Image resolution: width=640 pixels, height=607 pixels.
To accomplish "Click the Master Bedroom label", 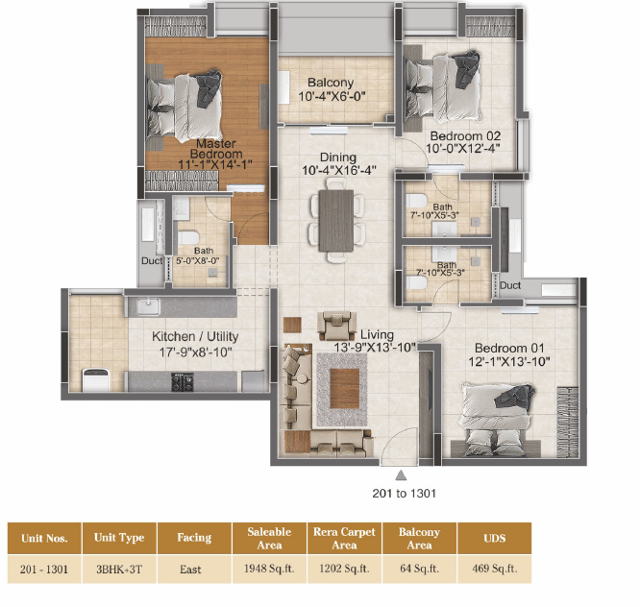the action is click(x=215, y=149).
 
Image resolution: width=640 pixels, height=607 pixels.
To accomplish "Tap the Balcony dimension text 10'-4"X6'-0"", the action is click(x=332, y=96).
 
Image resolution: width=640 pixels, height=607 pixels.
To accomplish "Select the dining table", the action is click(x=336, y=220).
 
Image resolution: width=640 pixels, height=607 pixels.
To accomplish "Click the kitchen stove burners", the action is click(x=183, y=382).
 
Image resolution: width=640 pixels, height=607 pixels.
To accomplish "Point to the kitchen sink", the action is click(x=147, y=307).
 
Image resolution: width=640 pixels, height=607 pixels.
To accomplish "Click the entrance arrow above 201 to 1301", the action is click(x=401, y=475).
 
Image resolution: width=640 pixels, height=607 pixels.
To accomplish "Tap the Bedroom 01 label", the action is click(x=509, y=348).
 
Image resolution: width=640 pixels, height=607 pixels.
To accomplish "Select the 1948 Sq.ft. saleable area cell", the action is click(x=269, y=569).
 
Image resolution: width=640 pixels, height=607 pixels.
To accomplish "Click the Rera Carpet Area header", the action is click(x=344, y=538).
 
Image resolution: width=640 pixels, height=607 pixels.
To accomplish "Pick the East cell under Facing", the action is click(x=190, y=569).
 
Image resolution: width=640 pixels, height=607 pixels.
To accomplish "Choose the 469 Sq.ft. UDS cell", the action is click(x=495, y=569).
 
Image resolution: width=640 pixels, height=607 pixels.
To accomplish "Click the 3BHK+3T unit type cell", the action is click(x=119, y=569).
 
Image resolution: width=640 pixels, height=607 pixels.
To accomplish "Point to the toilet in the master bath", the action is click(x=188, y=237).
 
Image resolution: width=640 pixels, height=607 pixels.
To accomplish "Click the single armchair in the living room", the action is click(x=336, y=326).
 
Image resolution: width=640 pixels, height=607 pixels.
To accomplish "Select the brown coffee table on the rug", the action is click(x=344, y=388).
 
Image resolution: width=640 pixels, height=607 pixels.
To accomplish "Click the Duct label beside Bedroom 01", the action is click(x=510, y=285).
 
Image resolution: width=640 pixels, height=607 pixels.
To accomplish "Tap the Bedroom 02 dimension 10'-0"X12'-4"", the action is click(x=463, y=149).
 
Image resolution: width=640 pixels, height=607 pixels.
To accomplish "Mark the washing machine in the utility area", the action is click(x=96, y=379).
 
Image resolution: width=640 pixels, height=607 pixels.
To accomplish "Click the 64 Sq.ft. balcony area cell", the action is click(x=419, y=569).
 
